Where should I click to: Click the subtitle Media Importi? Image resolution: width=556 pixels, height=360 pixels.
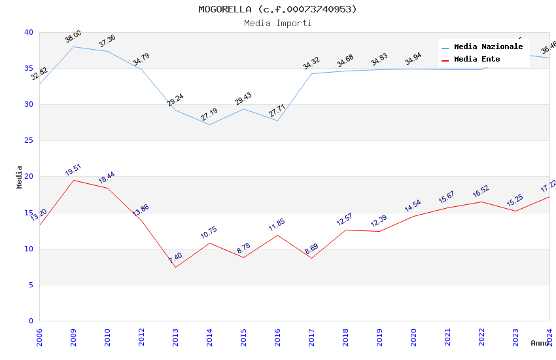click(x=277, y=23)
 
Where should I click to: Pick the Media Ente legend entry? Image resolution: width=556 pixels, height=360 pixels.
click(x=477, y=59)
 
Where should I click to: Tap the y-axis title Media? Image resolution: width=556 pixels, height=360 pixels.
click(x=20, y=177)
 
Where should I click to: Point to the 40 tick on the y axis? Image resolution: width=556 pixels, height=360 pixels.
click(x=28, y=32)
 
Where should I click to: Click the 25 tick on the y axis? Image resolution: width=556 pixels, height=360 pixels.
click(x=28, y=141)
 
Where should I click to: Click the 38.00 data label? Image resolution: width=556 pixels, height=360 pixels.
click(x=73, y=37)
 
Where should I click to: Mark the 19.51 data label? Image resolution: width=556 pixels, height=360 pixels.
click(x=73, y=170)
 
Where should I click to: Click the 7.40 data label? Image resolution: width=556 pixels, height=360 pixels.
click(x=175, y=258)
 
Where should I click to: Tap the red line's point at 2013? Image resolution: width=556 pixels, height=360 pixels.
click(x=175, y=267)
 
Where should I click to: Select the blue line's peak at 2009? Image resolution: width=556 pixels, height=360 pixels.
click(x=73, y=46)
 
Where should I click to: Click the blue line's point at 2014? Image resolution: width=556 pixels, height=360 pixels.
click(x=209, y=124)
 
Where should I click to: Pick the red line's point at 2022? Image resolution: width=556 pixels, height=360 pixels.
click(x=481, y=202)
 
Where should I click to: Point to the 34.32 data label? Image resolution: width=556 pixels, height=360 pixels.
click(x=311, y=63)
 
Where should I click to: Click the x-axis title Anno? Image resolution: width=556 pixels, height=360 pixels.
click(x=540, y=343)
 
